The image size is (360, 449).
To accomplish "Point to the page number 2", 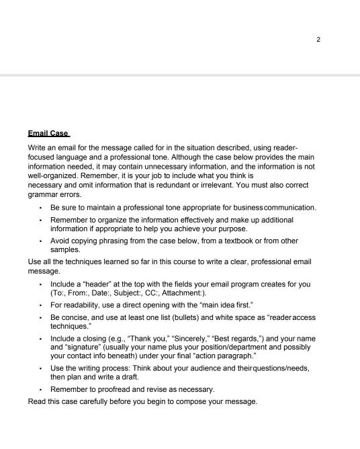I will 318,39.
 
